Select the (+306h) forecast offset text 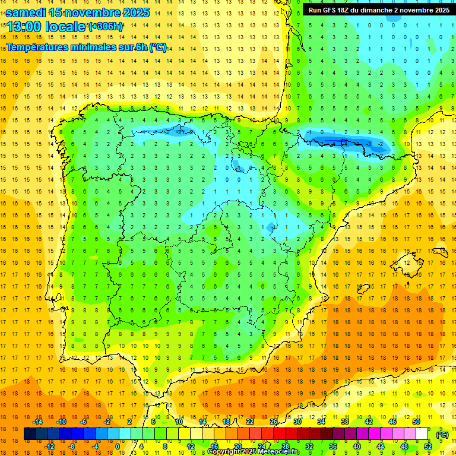pos(106,26)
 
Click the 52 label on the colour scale pos(428,446)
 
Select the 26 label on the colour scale pos(274,422)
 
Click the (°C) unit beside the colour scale pos(442,435)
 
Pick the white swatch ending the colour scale pos(422,434)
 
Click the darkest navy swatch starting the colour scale pos(30,434)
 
